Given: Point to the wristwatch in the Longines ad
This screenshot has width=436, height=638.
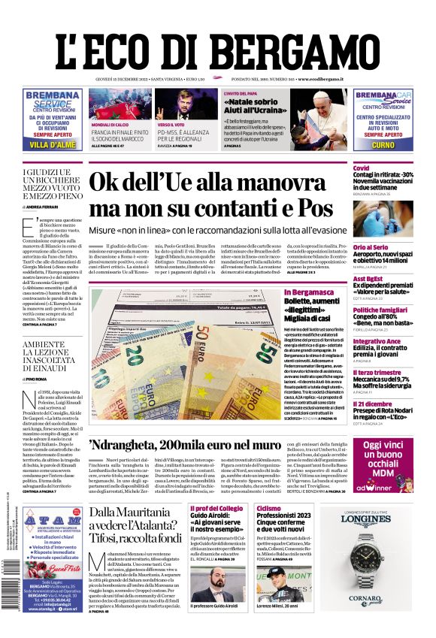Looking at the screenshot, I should (x=379, y=552).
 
